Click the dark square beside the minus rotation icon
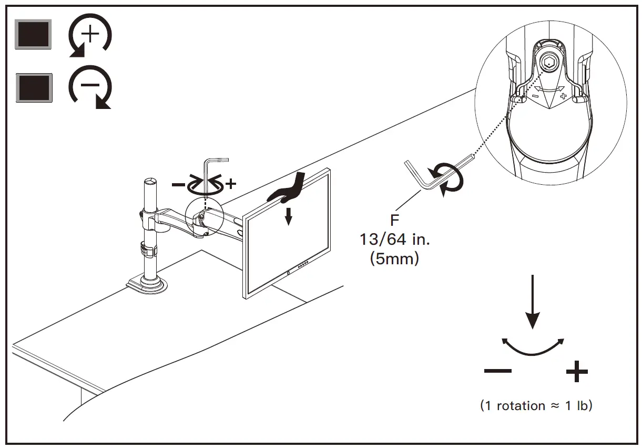34,87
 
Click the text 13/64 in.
394,240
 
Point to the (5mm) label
394,258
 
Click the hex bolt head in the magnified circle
547,62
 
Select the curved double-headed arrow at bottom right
533,346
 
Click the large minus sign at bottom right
497,372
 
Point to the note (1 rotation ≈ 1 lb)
536,406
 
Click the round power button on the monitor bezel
289,273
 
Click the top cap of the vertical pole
149,182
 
